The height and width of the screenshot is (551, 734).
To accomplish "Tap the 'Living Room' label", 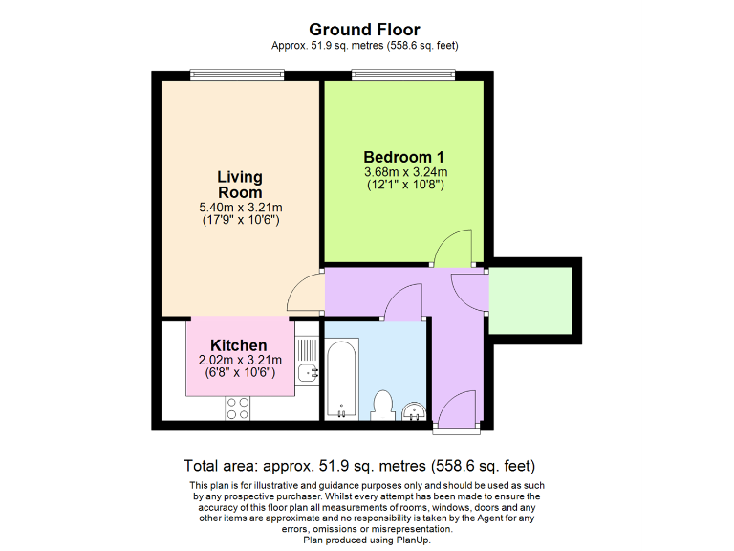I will point(239,185).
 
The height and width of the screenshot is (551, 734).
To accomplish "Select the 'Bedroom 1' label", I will point(404,157).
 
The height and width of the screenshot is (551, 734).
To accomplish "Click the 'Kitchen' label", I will point(238,345).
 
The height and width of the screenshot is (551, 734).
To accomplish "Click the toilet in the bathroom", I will point(384,405).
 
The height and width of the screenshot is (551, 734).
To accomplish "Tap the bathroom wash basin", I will point(413,411).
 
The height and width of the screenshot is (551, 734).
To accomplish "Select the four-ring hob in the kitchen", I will point(238,408).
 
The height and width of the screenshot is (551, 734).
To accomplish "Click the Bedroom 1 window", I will point(402,76).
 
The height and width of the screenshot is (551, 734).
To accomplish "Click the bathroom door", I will point(403,306).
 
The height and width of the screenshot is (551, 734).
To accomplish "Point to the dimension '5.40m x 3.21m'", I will point(239,208).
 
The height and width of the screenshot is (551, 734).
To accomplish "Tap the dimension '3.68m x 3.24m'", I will point(405,172).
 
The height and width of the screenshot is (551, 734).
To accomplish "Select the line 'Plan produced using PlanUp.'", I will point(366,540).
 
